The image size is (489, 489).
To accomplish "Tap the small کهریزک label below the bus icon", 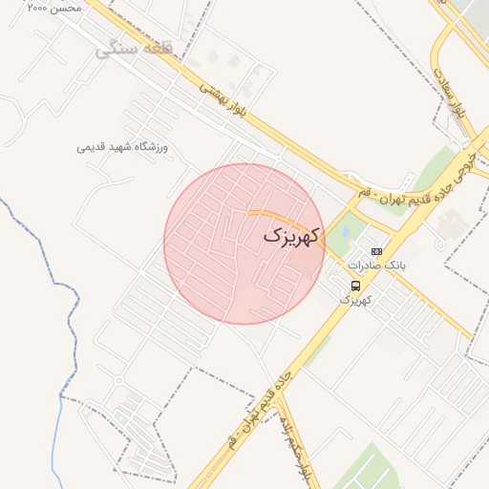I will pos(354,300).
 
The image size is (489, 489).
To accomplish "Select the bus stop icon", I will pos(355,286).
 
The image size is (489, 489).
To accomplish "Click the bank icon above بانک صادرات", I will pos(375,251).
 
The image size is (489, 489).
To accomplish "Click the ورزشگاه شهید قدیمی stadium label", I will pos(122,147).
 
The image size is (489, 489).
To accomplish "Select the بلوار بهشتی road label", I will pos(224,99).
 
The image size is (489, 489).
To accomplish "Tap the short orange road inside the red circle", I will pos(266,212).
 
